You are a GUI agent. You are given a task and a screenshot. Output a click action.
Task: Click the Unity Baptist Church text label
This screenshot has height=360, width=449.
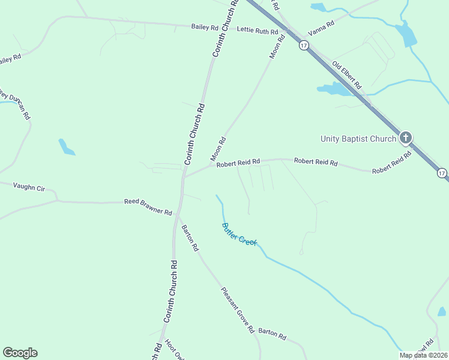click(x=358, y=139)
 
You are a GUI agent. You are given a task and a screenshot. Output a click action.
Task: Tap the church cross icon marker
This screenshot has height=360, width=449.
click(x=406, y=138)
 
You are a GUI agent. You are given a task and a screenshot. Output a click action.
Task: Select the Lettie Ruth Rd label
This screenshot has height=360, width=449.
click(x=258, y=31)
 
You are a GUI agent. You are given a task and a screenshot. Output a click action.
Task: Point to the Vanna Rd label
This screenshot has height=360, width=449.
click(x=321, y=28)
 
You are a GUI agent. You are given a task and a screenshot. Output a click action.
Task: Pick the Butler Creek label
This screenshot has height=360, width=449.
click(x=239, y=234)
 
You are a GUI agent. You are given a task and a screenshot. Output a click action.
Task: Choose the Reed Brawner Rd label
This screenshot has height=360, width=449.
click(x=148, y=207)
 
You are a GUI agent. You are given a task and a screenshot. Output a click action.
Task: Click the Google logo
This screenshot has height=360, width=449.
click(x=20, y=353)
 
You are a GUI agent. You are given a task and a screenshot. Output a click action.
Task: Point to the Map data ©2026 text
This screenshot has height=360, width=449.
click(x=423, y=355)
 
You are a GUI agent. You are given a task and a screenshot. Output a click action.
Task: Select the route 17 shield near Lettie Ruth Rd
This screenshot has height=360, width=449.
click(x=304, y=45)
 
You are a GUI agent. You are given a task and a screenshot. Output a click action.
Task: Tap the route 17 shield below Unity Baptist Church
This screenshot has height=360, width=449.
click(x=442, y=173)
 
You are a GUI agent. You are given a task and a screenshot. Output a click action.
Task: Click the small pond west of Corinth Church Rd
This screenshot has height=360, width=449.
click(x=66, y=147)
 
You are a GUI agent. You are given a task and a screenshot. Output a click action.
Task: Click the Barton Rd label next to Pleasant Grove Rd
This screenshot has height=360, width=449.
click(x=273, y=335)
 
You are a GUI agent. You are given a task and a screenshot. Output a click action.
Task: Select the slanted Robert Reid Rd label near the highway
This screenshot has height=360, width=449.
click(x=392, y=163)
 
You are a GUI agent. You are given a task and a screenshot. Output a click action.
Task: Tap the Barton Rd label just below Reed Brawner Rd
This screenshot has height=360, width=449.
click(x=190, y=238)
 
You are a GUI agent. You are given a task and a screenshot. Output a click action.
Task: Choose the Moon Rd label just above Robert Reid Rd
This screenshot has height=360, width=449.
click(x=218, y=149)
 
